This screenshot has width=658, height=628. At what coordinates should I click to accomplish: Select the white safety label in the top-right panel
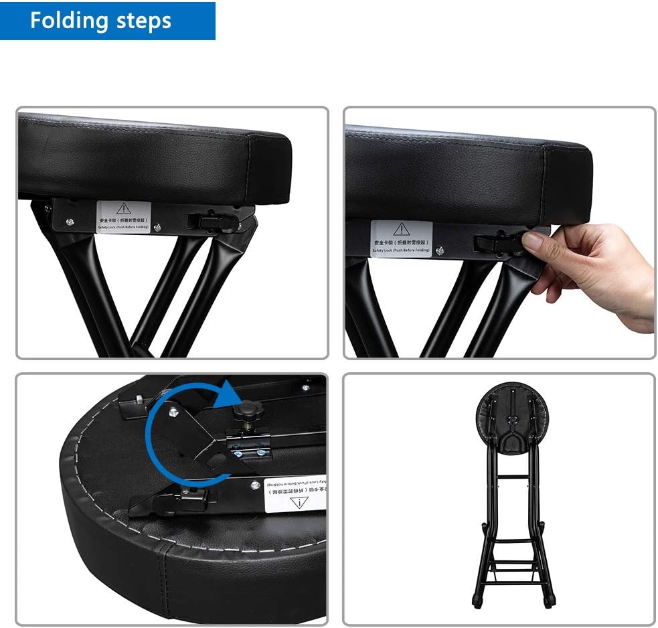click(x=401, y=238)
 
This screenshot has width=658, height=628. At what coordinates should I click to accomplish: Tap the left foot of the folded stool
click(x=477, y=601)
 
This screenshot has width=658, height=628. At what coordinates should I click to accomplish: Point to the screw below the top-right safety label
click(x=440, y=251)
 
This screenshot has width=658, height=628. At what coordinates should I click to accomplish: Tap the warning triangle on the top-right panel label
click(x=401, y=228)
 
